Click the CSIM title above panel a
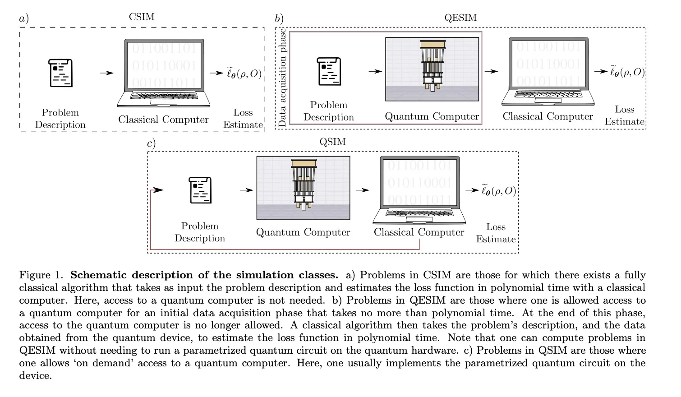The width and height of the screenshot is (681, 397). coord(142,17)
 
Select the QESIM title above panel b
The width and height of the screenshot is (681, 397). coord(460,18)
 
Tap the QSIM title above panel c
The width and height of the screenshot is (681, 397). coord(332,142)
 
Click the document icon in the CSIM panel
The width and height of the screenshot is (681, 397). coord(60,73)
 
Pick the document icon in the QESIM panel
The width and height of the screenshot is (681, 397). coord(329,71)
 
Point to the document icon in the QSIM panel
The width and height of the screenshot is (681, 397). coord(200,190)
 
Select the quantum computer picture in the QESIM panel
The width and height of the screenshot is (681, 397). coord(432,69)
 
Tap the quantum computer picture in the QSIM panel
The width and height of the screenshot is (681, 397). coord(303,188)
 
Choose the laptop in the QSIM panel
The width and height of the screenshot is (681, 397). coord(419,190)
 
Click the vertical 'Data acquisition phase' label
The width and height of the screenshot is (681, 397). coord(283,78)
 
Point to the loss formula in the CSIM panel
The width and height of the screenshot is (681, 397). coord(244,73)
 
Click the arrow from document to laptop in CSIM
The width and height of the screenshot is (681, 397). coord(106,73)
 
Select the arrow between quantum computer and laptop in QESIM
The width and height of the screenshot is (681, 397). coord(491,71)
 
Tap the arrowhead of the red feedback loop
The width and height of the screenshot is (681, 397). coord(158,190)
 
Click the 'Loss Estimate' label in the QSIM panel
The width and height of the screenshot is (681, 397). coord(496,233)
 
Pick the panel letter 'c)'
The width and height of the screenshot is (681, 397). coord(152,143)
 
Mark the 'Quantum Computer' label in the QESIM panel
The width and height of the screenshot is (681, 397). coord(432,116)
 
